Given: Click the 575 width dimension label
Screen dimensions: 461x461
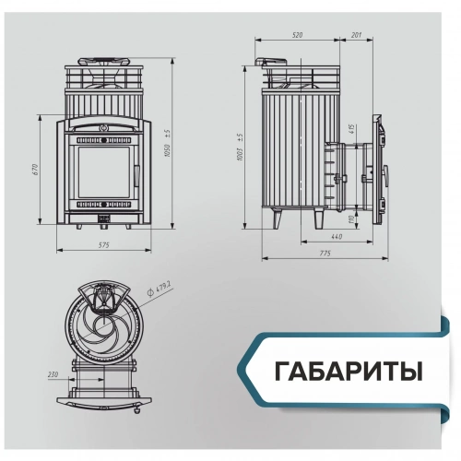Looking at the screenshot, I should (103, 244).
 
